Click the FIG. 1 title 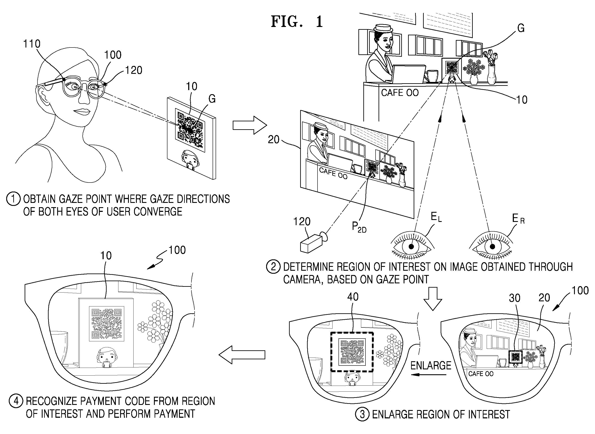[297, 22]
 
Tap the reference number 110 [32, 44]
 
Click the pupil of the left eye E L [411, 246]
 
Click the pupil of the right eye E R [492, 246]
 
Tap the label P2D [359, 227]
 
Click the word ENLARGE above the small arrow [431, 366]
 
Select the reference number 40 [353, 297]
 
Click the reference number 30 [514, 298]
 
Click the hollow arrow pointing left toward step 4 [242, 355]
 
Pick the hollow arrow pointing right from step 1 [250, 126]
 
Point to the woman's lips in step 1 [79, 112]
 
